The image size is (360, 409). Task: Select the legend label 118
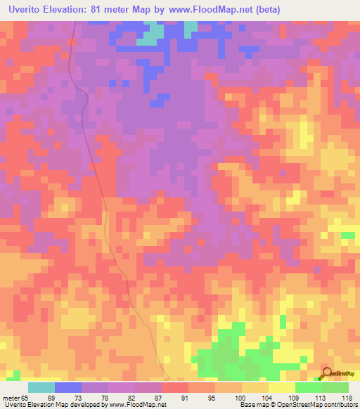pyautogui.click(x=347, y=398)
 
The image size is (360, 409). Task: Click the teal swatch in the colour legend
pyautogui.click(x=41, y=387)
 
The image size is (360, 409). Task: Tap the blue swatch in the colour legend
pyautogui.click(x=68, y=387)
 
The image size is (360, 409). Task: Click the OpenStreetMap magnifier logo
pyautogui.click(x=326, y=375)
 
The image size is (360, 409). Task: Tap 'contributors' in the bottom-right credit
pyautogui.click(x=339, y=405)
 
